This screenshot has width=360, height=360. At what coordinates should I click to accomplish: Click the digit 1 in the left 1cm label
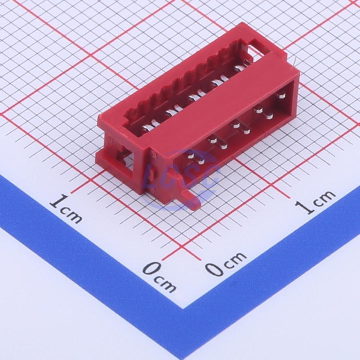(59, 201)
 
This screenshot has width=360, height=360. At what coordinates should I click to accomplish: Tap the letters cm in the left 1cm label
(71, 215)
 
